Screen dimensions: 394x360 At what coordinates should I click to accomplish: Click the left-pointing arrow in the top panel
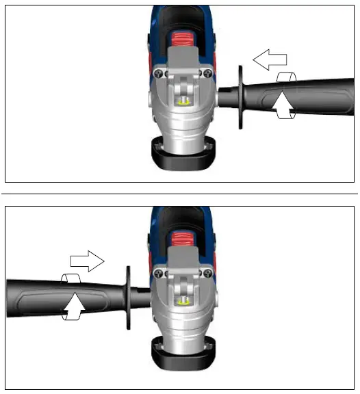tap(268, 61)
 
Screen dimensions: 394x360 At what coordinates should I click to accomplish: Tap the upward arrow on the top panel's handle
tap(285, 101)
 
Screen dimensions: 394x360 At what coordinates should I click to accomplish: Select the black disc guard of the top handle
tap(240, 96)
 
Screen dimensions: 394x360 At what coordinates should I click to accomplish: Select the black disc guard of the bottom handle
tap(127, 297)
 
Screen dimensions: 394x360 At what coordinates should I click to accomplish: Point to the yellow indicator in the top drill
tap(182, 100)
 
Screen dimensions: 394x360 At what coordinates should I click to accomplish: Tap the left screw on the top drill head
tap(158, 74)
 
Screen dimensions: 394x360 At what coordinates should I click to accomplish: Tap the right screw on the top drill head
tap(207, 74)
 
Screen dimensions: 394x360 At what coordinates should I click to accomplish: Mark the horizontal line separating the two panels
tap(179, 194)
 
